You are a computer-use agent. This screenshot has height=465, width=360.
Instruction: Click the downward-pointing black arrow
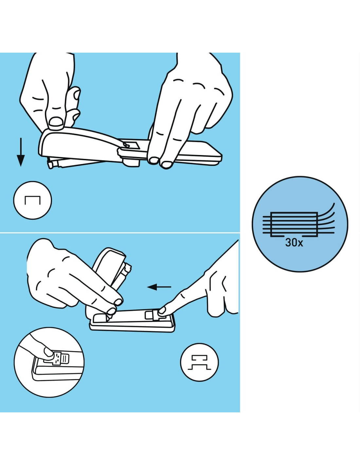(21, 152)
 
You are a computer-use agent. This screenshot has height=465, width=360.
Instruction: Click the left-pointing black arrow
(159, 287)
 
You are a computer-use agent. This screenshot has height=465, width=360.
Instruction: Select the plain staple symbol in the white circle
(32, 200)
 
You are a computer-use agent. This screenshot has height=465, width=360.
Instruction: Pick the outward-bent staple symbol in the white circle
(199, 363)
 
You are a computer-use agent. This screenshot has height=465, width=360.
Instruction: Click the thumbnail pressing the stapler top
(56, 122)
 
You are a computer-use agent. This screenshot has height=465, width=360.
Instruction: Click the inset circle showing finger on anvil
(49, 362)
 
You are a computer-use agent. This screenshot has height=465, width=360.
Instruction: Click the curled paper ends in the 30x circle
(326, 218)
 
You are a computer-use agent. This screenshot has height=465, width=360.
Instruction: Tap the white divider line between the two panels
(120, 232)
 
